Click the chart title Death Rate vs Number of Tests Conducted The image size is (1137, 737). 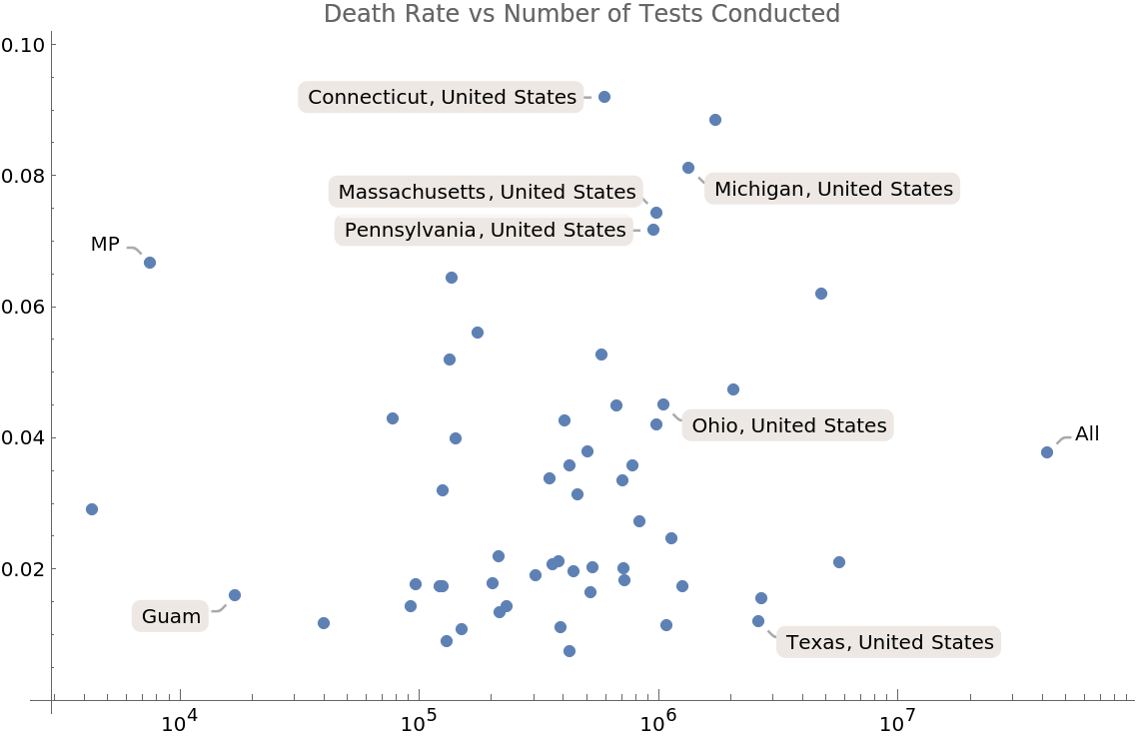tap(581, 14)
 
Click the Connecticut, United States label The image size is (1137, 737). tap(442, 97)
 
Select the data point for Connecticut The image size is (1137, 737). tap(604, 97)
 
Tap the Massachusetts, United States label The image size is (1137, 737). tap(487, 192)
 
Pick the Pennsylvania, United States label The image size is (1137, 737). tap(485, 231)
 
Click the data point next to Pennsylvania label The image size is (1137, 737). tap(653, 230)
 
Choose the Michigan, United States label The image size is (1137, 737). tap(833, 189)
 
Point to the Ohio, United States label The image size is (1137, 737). tap(788, 426)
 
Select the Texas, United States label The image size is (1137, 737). tap(889, 642)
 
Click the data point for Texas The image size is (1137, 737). tap(758, 621)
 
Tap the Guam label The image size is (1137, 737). tap(171, 617)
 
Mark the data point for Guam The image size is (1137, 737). tap(235, 595)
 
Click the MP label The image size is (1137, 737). tap(105, 245)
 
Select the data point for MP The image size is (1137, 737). tap(150, 263)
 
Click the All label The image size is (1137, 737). tap(1087, 434)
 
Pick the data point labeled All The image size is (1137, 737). tap(1047, 452)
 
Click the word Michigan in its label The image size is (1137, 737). tap(758, 189)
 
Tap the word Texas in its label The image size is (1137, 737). tap(815, 642)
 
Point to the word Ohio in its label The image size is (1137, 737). tap(715, 426)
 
